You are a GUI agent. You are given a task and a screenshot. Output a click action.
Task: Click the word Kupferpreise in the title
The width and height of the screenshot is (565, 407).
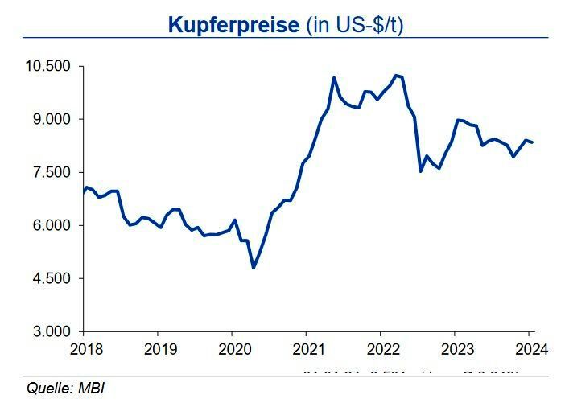pyautogui.click(x=233, y=24)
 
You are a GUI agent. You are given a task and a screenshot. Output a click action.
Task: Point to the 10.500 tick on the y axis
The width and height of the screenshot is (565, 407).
pyautogui.click(x=49, y=66)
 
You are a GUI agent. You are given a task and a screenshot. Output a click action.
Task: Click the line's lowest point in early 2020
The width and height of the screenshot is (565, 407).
pyautogui.click(x=254, y=267)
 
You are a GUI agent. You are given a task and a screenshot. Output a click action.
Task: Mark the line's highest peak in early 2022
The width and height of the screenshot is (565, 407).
pyautogui.click(x=395, y=75)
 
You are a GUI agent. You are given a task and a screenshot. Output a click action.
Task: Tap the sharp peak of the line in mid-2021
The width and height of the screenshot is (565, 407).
pyautogui.click(x=333, y=78)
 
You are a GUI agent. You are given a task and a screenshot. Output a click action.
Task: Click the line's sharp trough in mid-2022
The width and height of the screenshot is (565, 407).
pyautogui.click(x=420, y=171)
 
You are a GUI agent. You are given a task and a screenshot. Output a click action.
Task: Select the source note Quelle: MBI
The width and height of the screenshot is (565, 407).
pyautogui.click(x=66, y=389)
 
